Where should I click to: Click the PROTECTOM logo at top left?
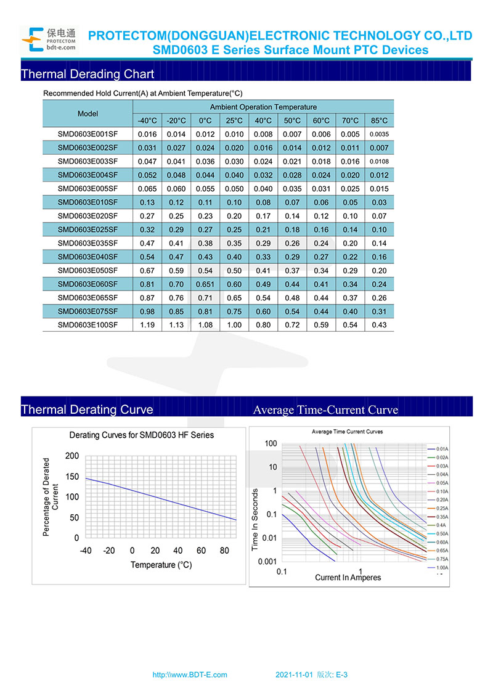49,39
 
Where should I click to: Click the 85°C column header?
379,121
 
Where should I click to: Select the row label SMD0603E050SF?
88,271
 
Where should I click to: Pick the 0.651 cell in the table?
205,284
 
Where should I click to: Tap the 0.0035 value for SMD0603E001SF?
379,134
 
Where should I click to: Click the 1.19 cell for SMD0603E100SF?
147,325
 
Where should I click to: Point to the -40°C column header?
147,121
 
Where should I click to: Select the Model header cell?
88,114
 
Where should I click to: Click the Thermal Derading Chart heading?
88,75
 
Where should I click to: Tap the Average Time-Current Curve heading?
325,410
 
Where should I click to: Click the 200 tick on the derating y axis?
72,456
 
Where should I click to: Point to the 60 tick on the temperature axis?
201,551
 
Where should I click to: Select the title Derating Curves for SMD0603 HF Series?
142,435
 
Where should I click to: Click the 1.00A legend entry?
442,567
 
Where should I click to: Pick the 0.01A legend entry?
442,450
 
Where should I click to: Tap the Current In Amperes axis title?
348,578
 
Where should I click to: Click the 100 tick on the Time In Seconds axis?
271,444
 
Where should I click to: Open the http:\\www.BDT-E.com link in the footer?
190,675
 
